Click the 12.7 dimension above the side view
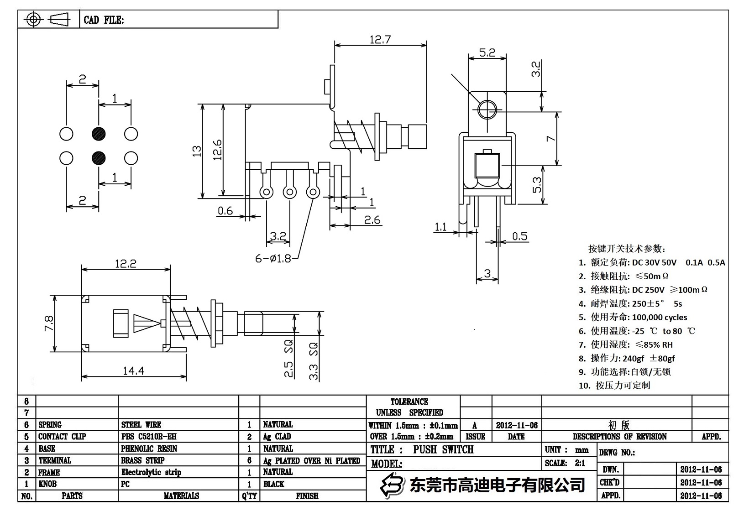click(x=380, y=40)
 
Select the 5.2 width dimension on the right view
click(x=487, y=52)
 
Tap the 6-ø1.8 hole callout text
click(x=273, y=259)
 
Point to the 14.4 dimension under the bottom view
click(x=133, y=371)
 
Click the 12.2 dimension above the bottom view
click(x=126, y=264)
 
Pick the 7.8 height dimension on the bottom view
click(x=49, y=324)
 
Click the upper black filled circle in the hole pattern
click(x=99, y=134)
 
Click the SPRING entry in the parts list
click(x=50, y=424)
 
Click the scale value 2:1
click(x=580, y=463)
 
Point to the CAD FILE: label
click(x=104, y=20)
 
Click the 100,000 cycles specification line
click(x=659, y=317)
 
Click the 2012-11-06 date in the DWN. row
click(x=701, y=469)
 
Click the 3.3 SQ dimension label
click(x=314, y=361)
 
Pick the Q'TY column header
click(x=249, y=496)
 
